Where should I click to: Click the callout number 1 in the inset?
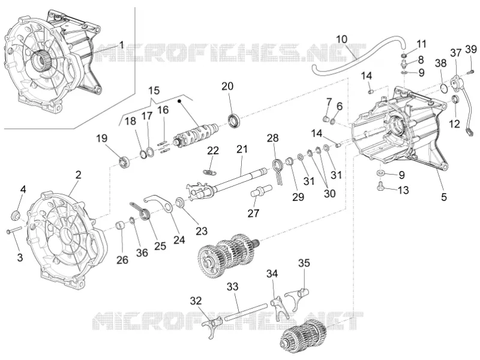pyautogui.click(x=122, y=45)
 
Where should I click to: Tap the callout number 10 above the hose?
pyautogui.click(x=342, y=39)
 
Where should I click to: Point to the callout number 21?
pyautogui.click(x=242, y=149)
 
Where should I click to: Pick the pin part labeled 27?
pyautogui.click(x=261, y=191)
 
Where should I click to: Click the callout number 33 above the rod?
pyautogui.click(x=233, y=287)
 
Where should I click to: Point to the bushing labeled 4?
pyautogui.click(x=15, y=215)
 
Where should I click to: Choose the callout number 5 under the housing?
pyautogui.click(x=444, y=197)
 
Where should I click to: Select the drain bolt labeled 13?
pyautogui.click(x=380, y=185)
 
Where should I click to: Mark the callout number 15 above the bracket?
pyautogui.click(x=154, y=91)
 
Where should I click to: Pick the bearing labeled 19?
pyautogui.click(x=125, y=161)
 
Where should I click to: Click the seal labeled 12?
pyautogui.click(x=456, y=100)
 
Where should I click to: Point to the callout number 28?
pyautogui.click(x=273, y=138)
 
